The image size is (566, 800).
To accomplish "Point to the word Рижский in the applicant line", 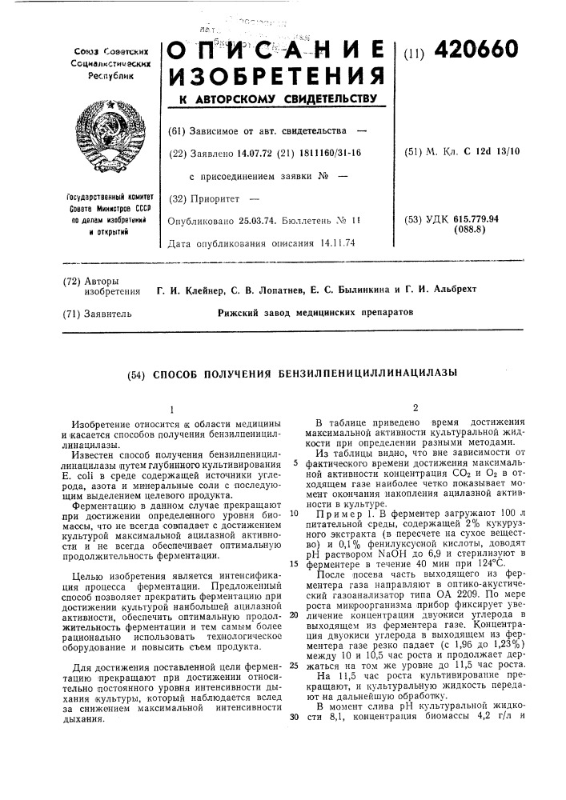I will pos(239,308).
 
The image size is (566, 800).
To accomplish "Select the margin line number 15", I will pos(294,563).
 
